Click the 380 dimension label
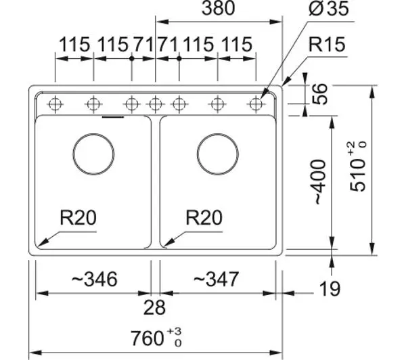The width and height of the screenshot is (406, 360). (x=218, y=8)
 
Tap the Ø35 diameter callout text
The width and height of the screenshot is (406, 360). (x=329, y=8)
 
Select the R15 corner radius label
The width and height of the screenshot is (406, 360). (x=327, y=44)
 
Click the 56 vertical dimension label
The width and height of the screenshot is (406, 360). (x=320, y=94)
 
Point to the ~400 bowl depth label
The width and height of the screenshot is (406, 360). (x=320, y=182)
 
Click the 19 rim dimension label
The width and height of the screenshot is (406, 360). (x=330, y=288)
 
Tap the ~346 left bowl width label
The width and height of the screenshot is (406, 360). (x=94, y=279)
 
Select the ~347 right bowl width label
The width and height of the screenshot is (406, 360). (x=217, y=279)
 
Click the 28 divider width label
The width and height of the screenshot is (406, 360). (x=154, y=307)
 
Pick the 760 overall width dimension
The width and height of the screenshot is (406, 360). (x=156, y=338)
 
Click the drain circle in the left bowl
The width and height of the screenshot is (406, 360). (x=93, y=154)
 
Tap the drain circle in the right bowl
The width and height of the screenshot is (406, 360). (x=217, y=154)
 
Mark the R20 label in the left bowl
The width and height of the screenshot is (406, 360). (x=78, y=217)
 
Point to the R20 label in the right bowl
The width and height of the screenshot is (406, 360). (x=204, y=217)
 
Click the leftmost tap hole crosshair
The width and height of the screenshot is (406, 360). (x=55, y=104)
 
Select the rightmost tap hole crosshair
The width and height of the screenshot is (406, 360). (x=256, y=104)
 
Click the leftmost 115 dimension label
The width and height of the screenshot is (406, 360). (x=74, y=45)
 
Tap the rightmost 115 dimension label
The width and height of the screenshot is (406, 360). (x=237, y=45)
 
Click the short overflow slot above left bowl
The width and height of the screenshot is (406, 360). (x=113, y=117)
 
